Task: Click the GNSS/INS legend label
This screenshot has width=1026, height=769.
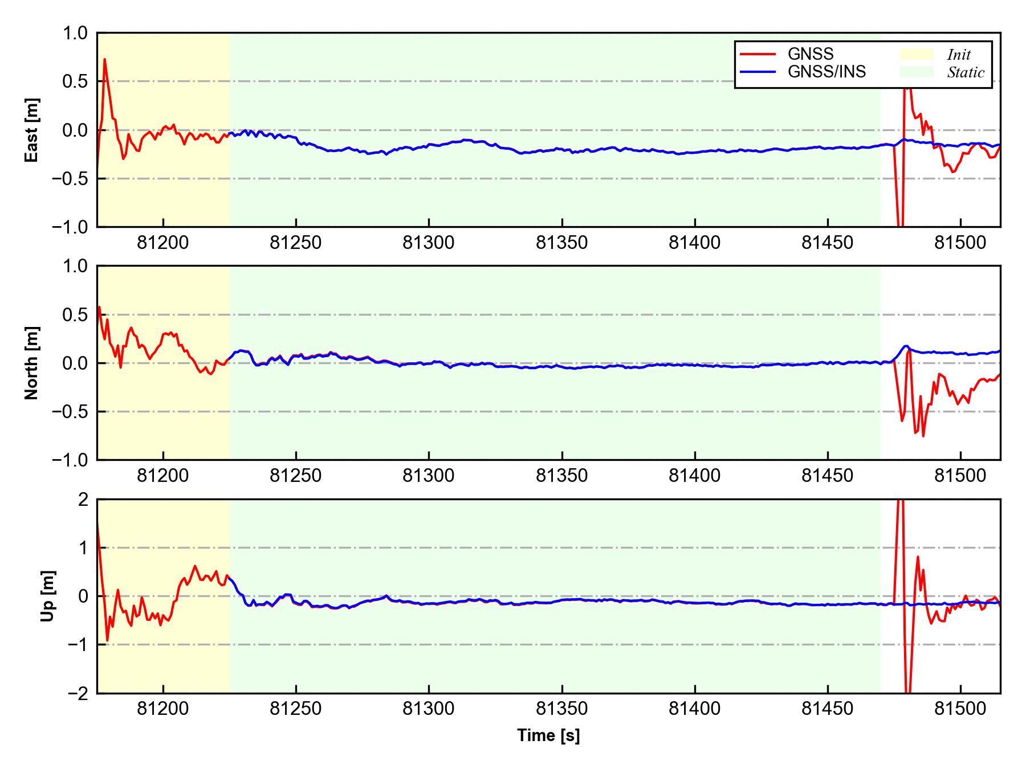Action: point(826,72)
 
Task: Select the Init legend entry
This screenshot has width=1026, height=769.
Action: point(959,55)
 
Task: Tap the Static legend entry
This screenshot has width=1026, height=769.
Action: point(966,72)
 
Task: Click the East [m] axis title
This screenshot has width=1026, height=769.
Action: point(32,130)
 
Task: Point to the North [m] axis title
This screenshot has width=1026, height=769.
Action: point(32,363)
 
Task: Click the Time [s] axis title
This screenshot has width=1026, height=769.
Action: point(548,735)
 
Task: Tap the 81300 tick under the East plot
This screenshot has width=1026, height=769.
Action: point(429,243)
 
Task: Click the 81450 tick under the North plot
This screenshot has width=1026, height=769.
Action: point(828,476)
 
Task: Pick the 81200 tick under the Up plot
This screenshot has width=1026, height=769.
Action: point(163,709)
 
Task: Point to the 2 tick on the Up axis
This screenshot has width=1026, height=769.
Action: point(83,500)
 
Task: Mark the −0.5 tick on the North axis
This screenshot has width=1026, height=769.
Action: point(71,411)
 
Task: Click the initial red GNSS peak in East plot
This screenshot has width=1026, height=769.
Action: point(104,59)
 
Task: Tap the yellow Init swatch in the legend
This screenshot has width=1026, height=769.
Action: point(917,54)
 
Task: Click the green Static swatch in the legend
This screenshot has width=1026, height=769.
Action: point(917,72)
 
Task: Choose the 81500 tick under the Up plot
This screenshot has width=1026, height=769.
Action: point(960,709)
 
